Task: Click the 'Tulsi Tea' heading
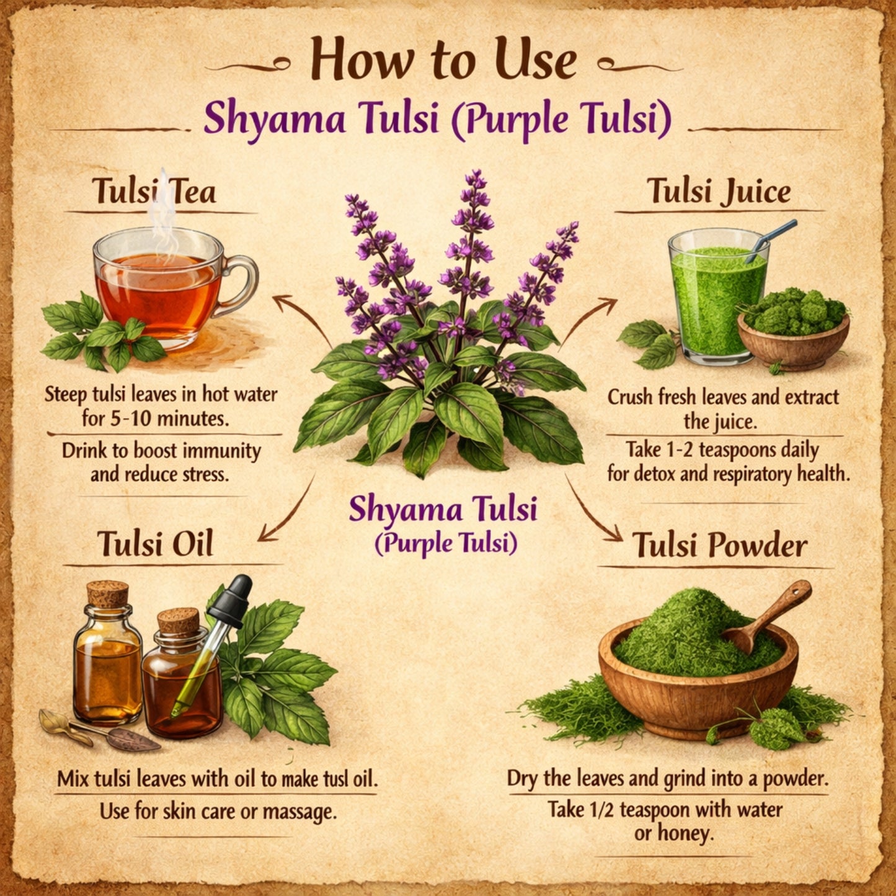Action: [x=154, y=191]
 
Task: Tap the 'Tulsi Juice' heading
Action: [x=719, y=191]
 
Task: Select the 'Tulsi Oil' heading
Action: [x=155, y=544]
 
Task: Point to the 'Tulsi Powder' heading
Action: [x=719, y=546]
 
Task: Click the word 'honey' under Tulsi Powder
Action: [x=689, y=833]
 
